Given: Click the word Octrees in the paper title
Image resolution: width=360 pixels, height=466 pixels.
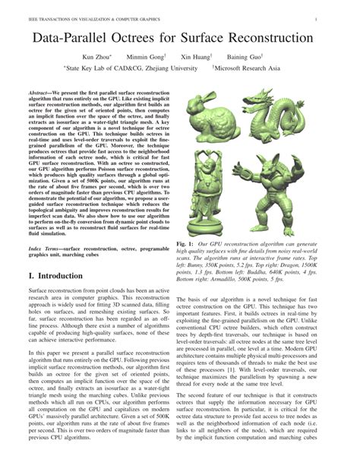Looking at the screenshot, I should pyautogui.click(x=152, y=37).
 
